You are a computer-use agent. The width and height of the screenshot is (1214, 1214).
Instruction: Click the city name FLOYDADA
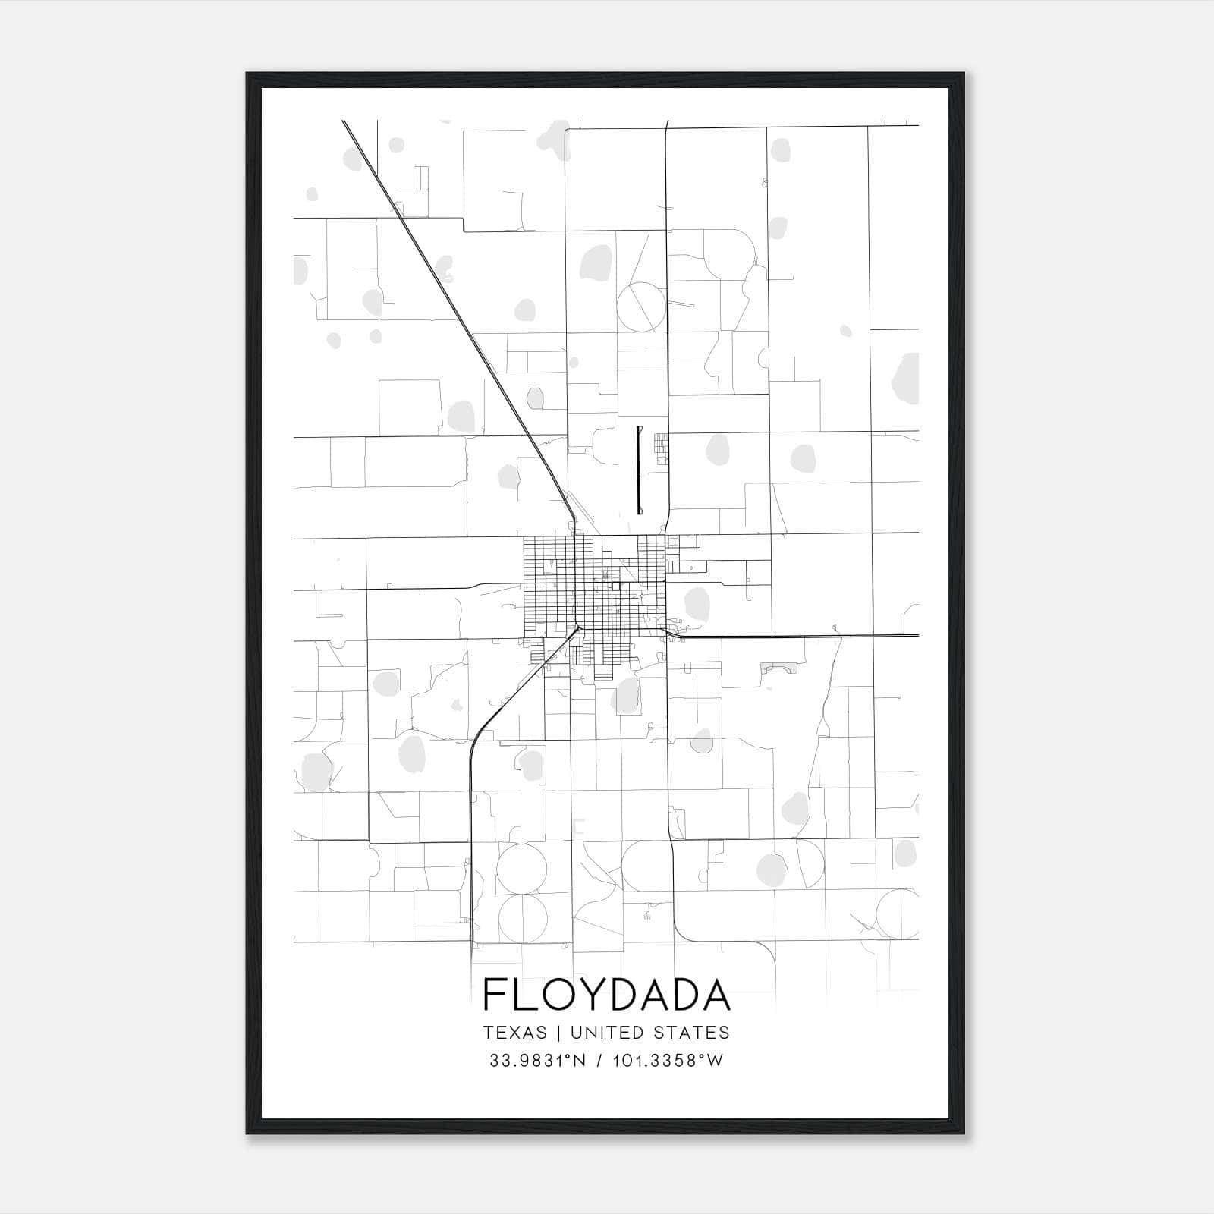coord(606,995)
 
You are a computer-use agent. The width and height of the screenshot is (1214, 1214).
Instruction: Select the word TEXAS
coord(514,1033)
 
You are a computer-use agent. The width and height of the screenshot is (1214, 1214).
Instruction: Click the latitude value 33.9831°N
coord(537,1061)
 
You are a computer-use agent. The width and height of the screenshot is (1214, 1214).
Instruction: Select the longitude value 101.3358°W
coord(667,1061)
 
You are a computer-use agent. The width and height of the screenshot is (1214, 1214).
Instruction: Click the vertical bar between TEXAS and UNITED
coord(558,1033)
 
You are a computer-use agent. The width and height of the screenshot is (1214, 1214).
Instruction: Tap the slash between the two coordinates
coord(600,1061)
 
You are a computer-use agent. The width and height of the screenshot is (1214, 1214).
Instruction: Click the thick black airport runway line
coord(639,470)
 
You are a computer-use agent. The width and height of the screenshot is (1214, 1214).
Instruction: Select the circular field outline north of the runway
coord(641,306)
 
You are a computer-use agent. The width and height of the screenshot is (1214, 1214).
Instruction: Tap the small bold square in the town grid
coord(616,586)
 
